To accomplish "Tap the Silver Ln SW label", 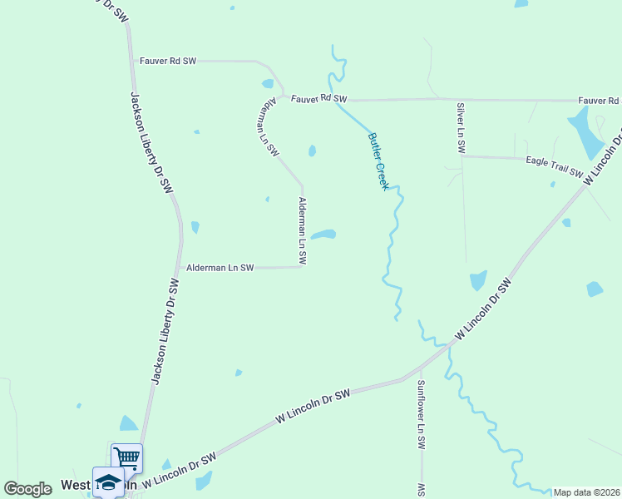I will coord(460,128).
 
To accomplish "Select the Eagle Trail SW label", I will coord(554,166).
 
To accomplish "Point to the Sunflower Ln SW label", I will coord(422,415).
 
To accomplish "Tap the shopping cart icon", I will coord(126,457).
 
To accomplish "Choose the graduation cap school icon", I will coord(108,482).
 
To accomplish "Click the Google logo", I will coord(27,489).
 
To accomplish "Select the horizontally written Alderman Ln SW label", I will coord(220,268).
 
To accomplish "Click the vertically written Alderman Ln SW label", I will coord(303,231).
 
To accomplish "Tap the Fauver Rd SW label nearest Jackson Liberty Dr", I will coord(167,61).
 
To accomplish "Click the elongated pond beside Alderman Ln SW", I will coord(323,235).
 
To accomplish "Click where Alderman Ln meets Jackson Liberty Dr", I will coord(180,268).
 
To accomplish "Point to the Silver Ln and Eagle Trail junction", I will coord(462,156).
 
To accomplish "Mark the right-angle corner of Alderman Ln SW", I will coord(302,266).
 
